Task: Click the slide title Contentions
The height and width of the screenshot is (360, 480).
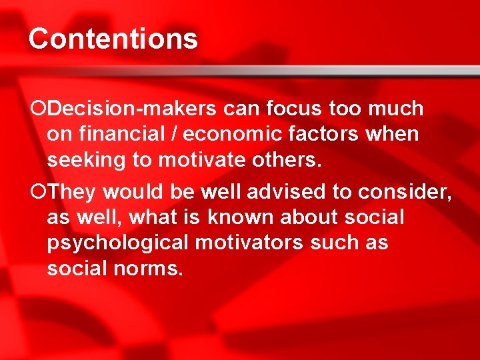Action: pyautogui.click(x=113, y=39)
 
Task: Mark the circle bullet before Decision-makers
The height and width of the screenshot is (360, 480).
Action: pyautogui.click(x=38, y=108)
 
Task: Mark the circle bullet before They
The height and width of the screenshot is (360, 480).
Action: pyautogui.click(x=38, y=191)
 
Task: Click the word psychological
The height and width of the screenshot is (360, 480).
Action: pyautogui.click(x=118, y=243)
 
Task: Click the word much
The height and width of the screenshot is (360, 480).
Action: pyautogui.click(x=395, y=108)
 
